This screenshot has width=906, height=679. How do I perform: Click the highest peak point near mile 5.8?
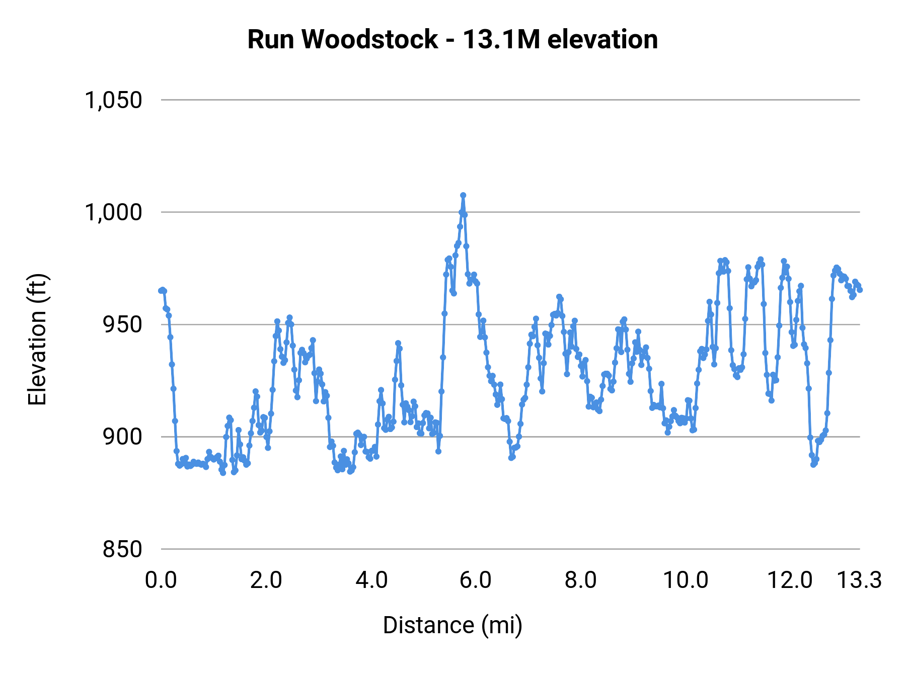[x=463, y=195]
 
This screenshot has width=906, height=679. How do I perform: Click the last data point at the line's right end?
[x=860, y=290]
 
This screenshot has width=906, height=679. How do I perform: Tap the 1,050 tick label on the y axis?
[x=113, y=100]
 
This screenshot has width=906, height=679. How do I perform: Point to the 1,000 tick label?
[x=113, y=212]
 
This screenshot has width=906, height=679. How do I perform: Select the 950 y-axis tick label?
[x=123, y=324]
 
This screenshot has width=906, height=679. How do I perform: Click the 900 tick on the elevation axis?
[x=123, y=437]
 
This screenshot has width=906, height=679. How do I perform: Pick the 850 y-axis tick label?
[x=123, y=549]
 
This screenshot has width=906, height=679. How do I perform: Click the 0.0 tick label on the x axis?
[x=161, y=580]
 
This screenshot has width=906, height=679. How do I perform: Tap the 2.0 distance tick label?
[x=266, y=580]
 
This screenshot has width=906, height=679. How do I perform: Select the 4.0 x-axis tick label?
[x=371, y=580]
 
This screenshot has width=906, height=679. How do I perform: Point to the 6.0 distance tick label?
[x=476, y=580]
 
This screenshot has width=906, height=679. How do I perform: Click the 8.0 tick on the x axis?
[x=581, y=580]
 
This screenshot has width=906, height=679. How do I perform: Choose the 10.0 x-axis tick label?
[x=686, y=580]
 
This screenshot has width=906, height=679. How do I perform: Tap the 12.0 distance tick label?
[x=790, y=580]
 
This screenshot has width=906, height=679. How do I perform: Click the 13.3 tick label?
[x=859, y=580]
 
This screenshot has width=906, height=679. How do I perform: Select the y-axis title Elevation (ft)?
[x=37, y=339]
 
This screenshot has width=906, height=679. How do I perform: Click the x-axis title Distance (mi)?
[x=452, y=625]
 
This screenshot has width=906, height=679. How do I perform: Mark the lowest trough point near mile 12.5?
[x=813, y=464]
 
